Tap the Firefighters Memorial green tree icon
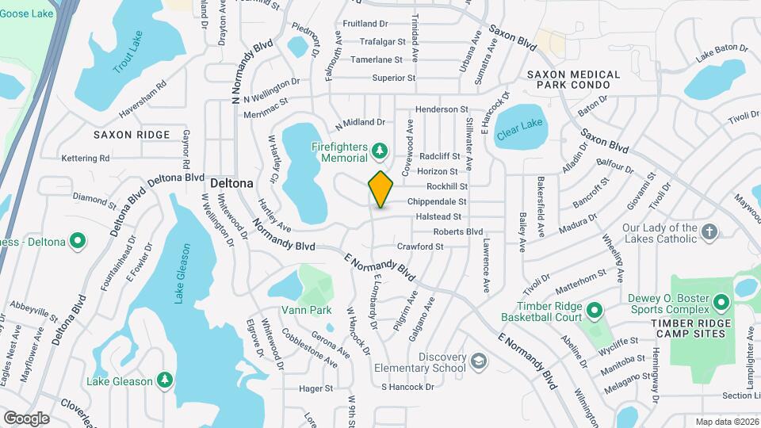pos(380,150)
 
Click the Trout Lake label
pos(128,59)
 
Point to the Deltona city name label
pos(232,183)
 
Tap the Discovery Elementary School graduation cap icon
pos(478,362)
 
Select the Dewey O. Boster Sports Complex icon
pos(721,302)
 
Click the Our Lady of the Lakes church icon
pos(710,232)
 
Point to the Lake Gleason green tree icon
pos(164,381)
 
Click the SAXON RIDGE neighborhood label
pos(132,135)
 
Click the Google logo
pos(26,418)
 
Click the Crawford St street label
pos(420,246)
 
